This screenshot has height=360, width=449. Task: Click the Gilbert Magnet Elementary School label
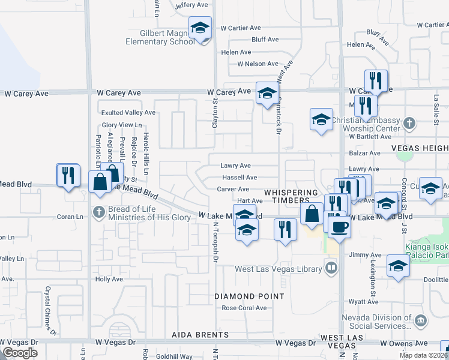[x=160, y=37]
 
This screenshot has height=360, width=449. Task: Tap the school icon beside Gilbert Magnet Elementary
[x=200, y=28]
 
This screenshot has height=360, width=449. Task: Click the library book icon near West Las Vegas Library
[x=330, y=266]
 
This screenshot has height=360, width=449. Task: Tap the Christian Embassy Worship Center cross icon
[x=409, y=124]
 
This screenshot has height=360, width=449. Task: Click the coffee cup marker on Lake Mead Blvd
[x=339, y=227]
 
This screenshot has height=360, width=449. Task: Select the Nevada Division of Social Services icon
[x=420, y=321]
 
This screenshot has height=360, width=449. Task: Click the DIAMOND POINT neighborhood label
[x=250, y=296]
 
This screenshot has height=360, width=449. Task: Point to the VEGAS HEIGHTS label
[x=420, y=148]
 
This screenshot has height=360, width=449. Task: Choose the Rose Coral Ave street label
[x=244, y=308]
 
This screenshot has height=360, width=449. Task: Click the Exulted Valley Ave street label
[x=128, y=113]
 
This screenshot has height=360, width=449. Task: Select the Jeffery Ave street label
[x=190, y=5]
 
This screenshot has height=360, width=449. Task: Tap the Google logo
[x=20, y=353]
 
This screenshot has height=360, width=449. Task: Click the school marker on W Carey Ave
[x=267, y=93]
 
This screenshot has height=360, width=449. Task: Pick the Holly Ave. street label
[x=109, y=280]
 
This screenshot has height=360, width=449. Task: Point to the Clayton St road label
[x=214, y=114]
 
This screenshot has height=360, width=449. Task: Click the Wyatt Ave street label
[x=364, y=302]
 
